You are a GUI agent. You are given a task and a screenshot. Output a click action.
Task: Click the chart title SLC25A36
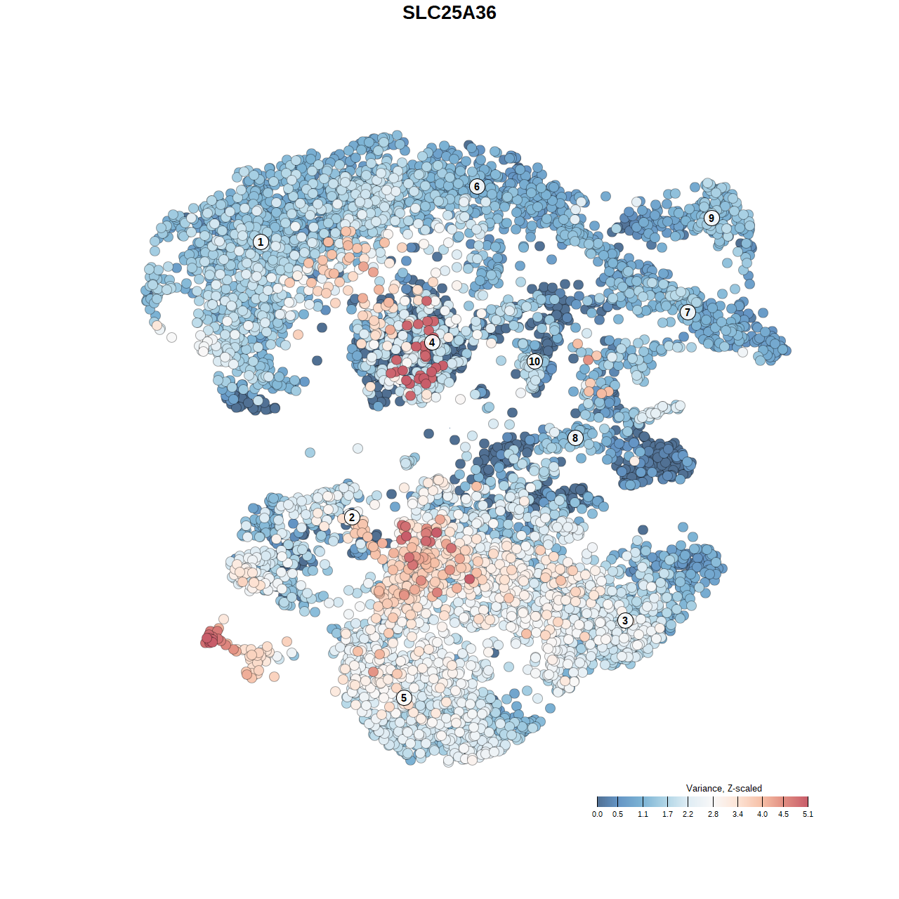tap(449, 13)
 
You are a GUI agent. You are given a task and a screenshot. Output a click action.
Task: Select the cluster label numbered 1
tap(261, 242)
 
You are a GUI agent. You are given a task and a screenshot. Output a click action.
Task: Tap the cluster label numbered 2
tap(352, 518)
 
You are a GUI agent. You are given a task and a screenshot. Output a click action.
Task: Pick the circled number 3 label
tap(625, 620)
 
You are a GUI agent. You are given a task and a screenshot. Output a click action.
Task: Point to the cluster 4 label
tap(432, 343)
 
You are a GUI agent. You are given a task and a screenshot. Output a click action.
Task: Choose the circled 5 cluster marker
tap(404, 697)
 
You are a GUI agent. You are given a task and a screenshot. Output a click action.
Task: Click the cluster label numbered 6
tap(477, 186)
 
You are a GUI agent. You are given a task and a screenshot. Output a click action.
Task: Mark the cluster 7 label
tap(688, 313)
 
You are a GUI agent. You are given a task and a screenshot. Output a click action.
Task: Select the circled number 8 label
tap(575, 438)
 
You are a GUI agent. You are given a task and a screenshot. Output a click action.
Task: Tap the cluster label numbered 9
tap(711, 218)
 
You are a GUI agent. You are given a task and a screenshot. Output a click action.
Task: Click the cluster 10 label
tap(534, 362)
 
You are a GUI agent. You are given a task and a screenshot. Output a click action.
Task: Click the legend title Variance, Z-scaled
tap(723, 788)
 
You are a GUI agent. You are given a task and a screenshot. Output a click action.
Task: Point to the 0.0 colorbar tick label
tap(597, 815)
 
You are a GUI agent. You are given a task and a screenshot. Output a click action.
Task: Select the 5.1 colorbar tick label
tap(808, 815)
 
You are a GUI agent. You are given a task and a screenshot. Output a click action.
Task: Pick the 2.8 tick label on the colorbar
tap(713, 815)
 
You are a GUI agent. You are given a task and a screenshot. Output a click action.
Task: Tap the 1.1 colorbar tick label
tap(643, 815)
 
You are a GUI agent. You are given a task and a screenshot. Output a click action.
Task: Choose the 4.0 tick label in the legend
tap(762, 815)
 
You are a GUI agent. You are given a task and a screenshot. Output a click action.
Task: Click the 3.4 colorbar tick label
tap(737, 815)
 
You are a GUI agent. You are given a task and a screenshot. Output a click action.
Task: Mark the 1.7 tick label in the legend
tap(667, 815)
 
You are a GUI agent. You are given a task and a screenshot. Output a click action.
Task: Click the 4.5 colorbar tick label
tap(783, 815)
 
